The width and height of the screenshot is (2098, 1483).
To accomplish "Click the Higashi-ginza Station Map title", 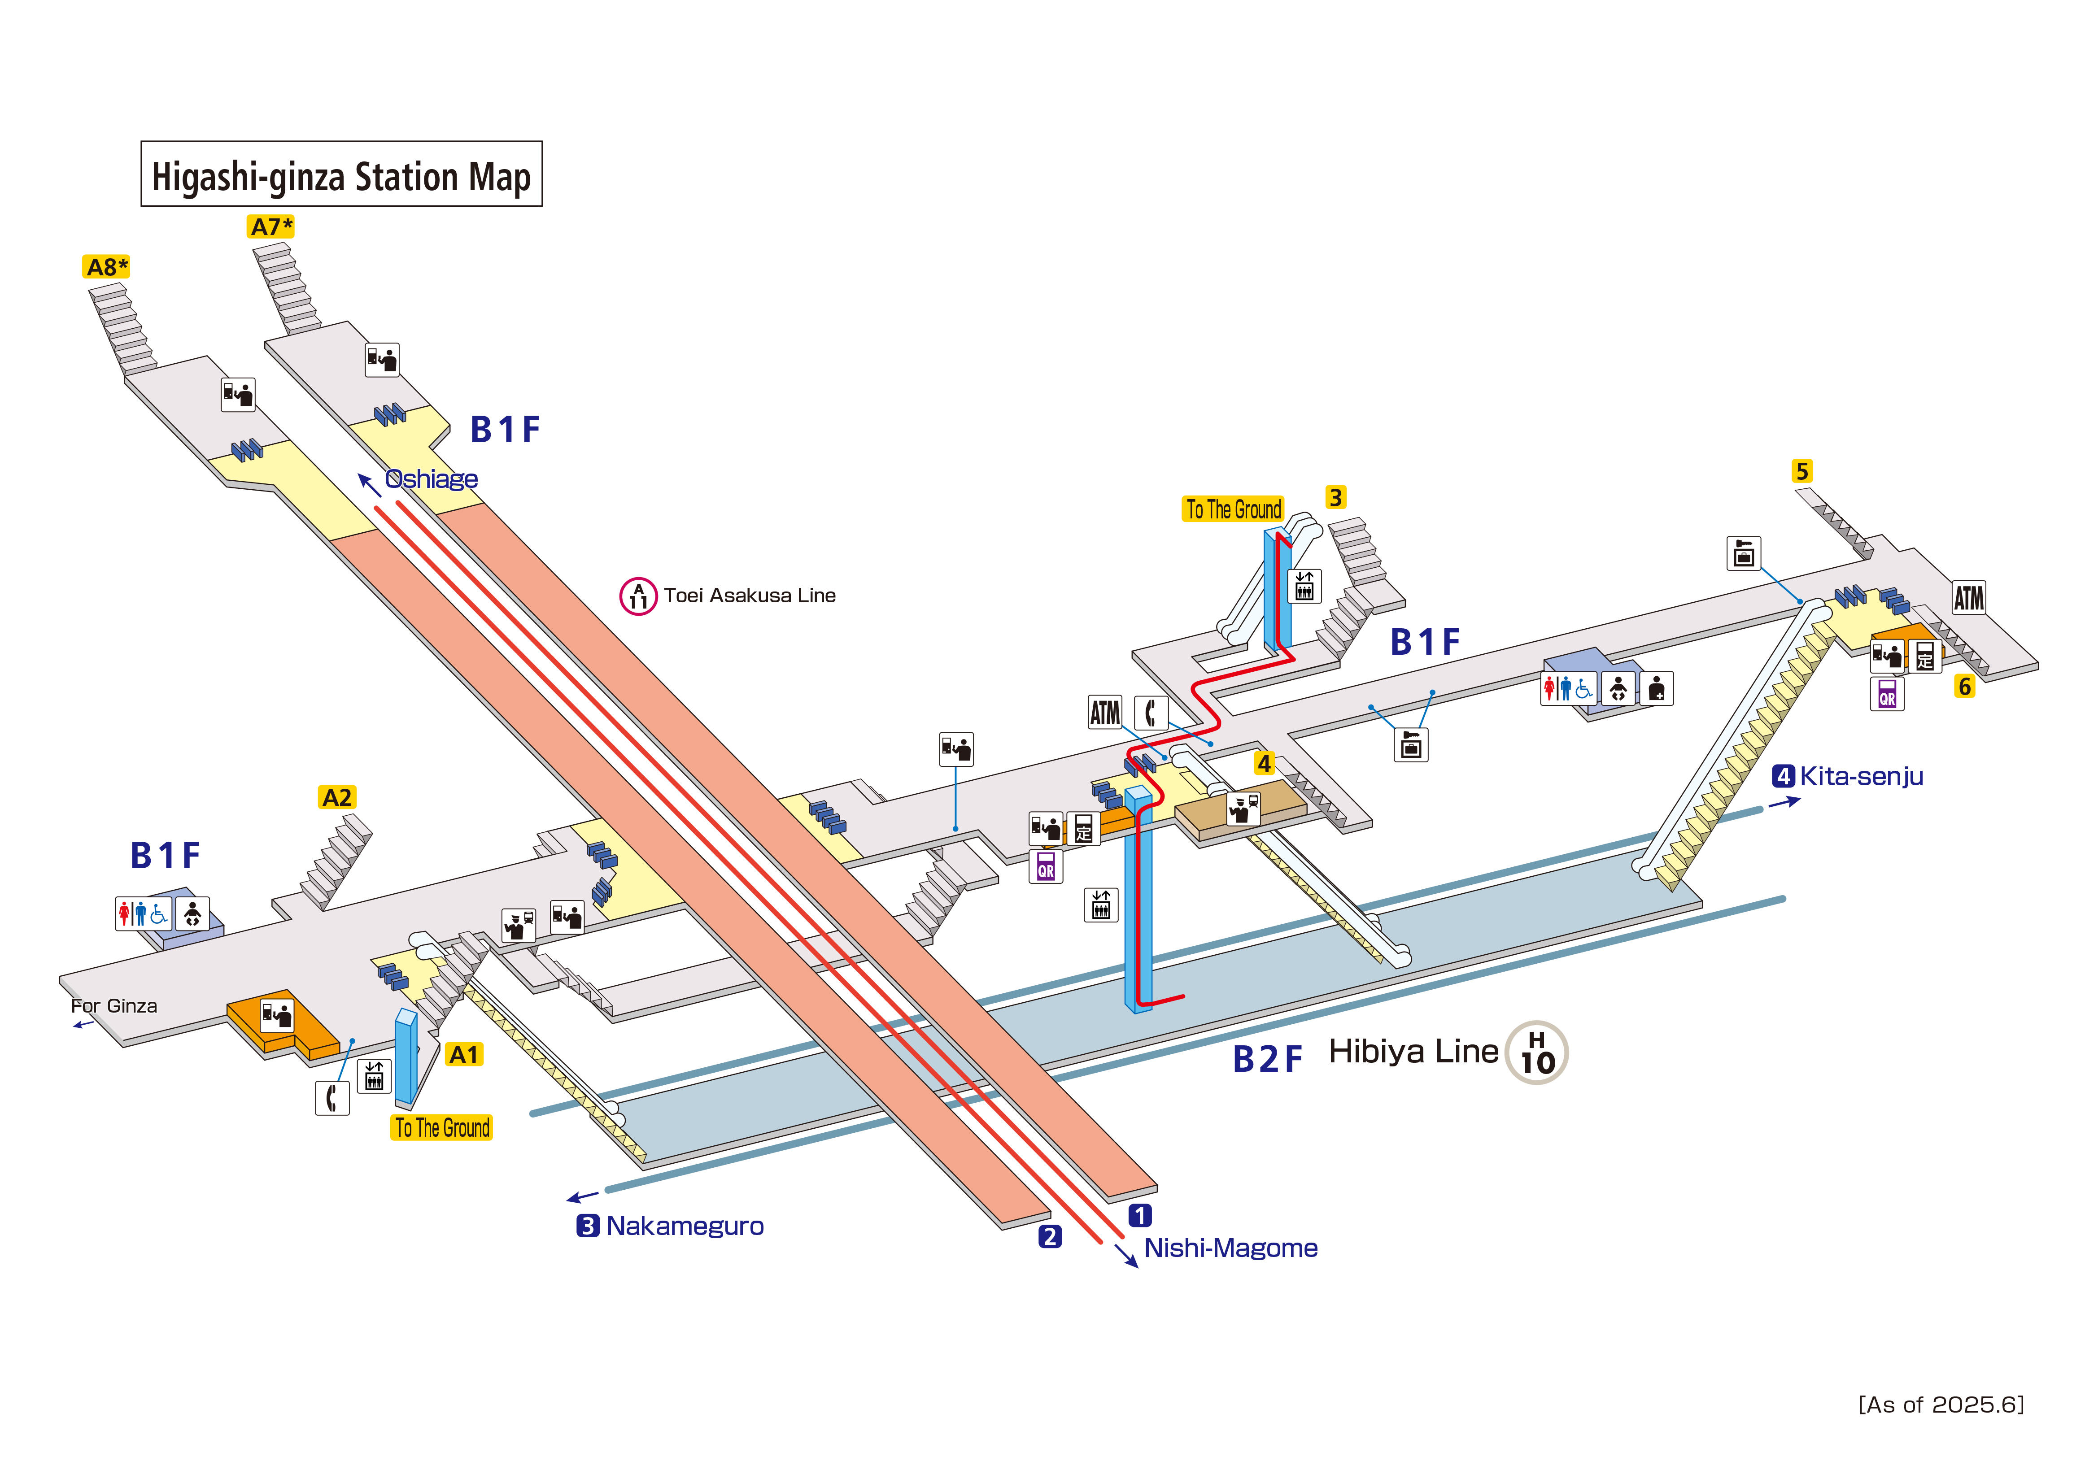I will click(x=341, y=174).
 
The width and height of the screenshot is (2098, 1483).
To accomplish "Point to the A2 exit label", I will click(x=336, y=798).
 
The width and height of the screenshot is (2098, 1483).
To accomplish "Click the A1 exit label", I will click(x=463, y=1054).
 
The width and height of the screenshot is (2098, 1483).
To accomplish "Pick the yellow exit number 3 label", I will click(x=1335, y=498).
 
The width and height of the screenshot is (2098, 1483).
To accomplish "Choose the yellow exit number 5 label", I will click(x=1801, y=471).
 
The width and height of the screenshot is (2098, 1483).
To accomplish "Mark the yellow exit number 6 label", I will click(x=1964, y=687).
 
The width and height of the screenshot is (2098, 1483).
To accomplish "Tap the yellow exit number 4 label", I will click(x=1264, y=763).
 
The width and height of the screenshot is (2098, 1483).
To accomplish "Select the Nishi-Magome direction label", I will click(x=1230, y=1248).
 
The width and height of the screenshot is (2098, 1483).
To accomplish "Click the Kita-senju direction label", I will click(x=1860, y=777).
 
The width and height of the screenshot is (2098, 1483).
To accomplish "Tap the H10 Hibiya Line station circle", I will click(x=1537, y=1052).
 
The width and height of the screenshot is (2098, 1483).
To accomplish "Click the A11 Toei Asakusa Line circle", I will click(x=638, y=597).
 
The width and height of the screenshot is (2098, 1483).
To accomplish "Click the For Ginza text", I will click(x=114, y=1006).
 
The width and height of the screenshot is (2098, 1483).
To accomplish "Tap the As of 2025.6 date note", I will click(x=1941, y=1405).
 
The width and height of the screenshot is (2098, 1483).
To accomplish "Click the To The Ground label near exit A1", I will click(x=442, y=1127).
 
